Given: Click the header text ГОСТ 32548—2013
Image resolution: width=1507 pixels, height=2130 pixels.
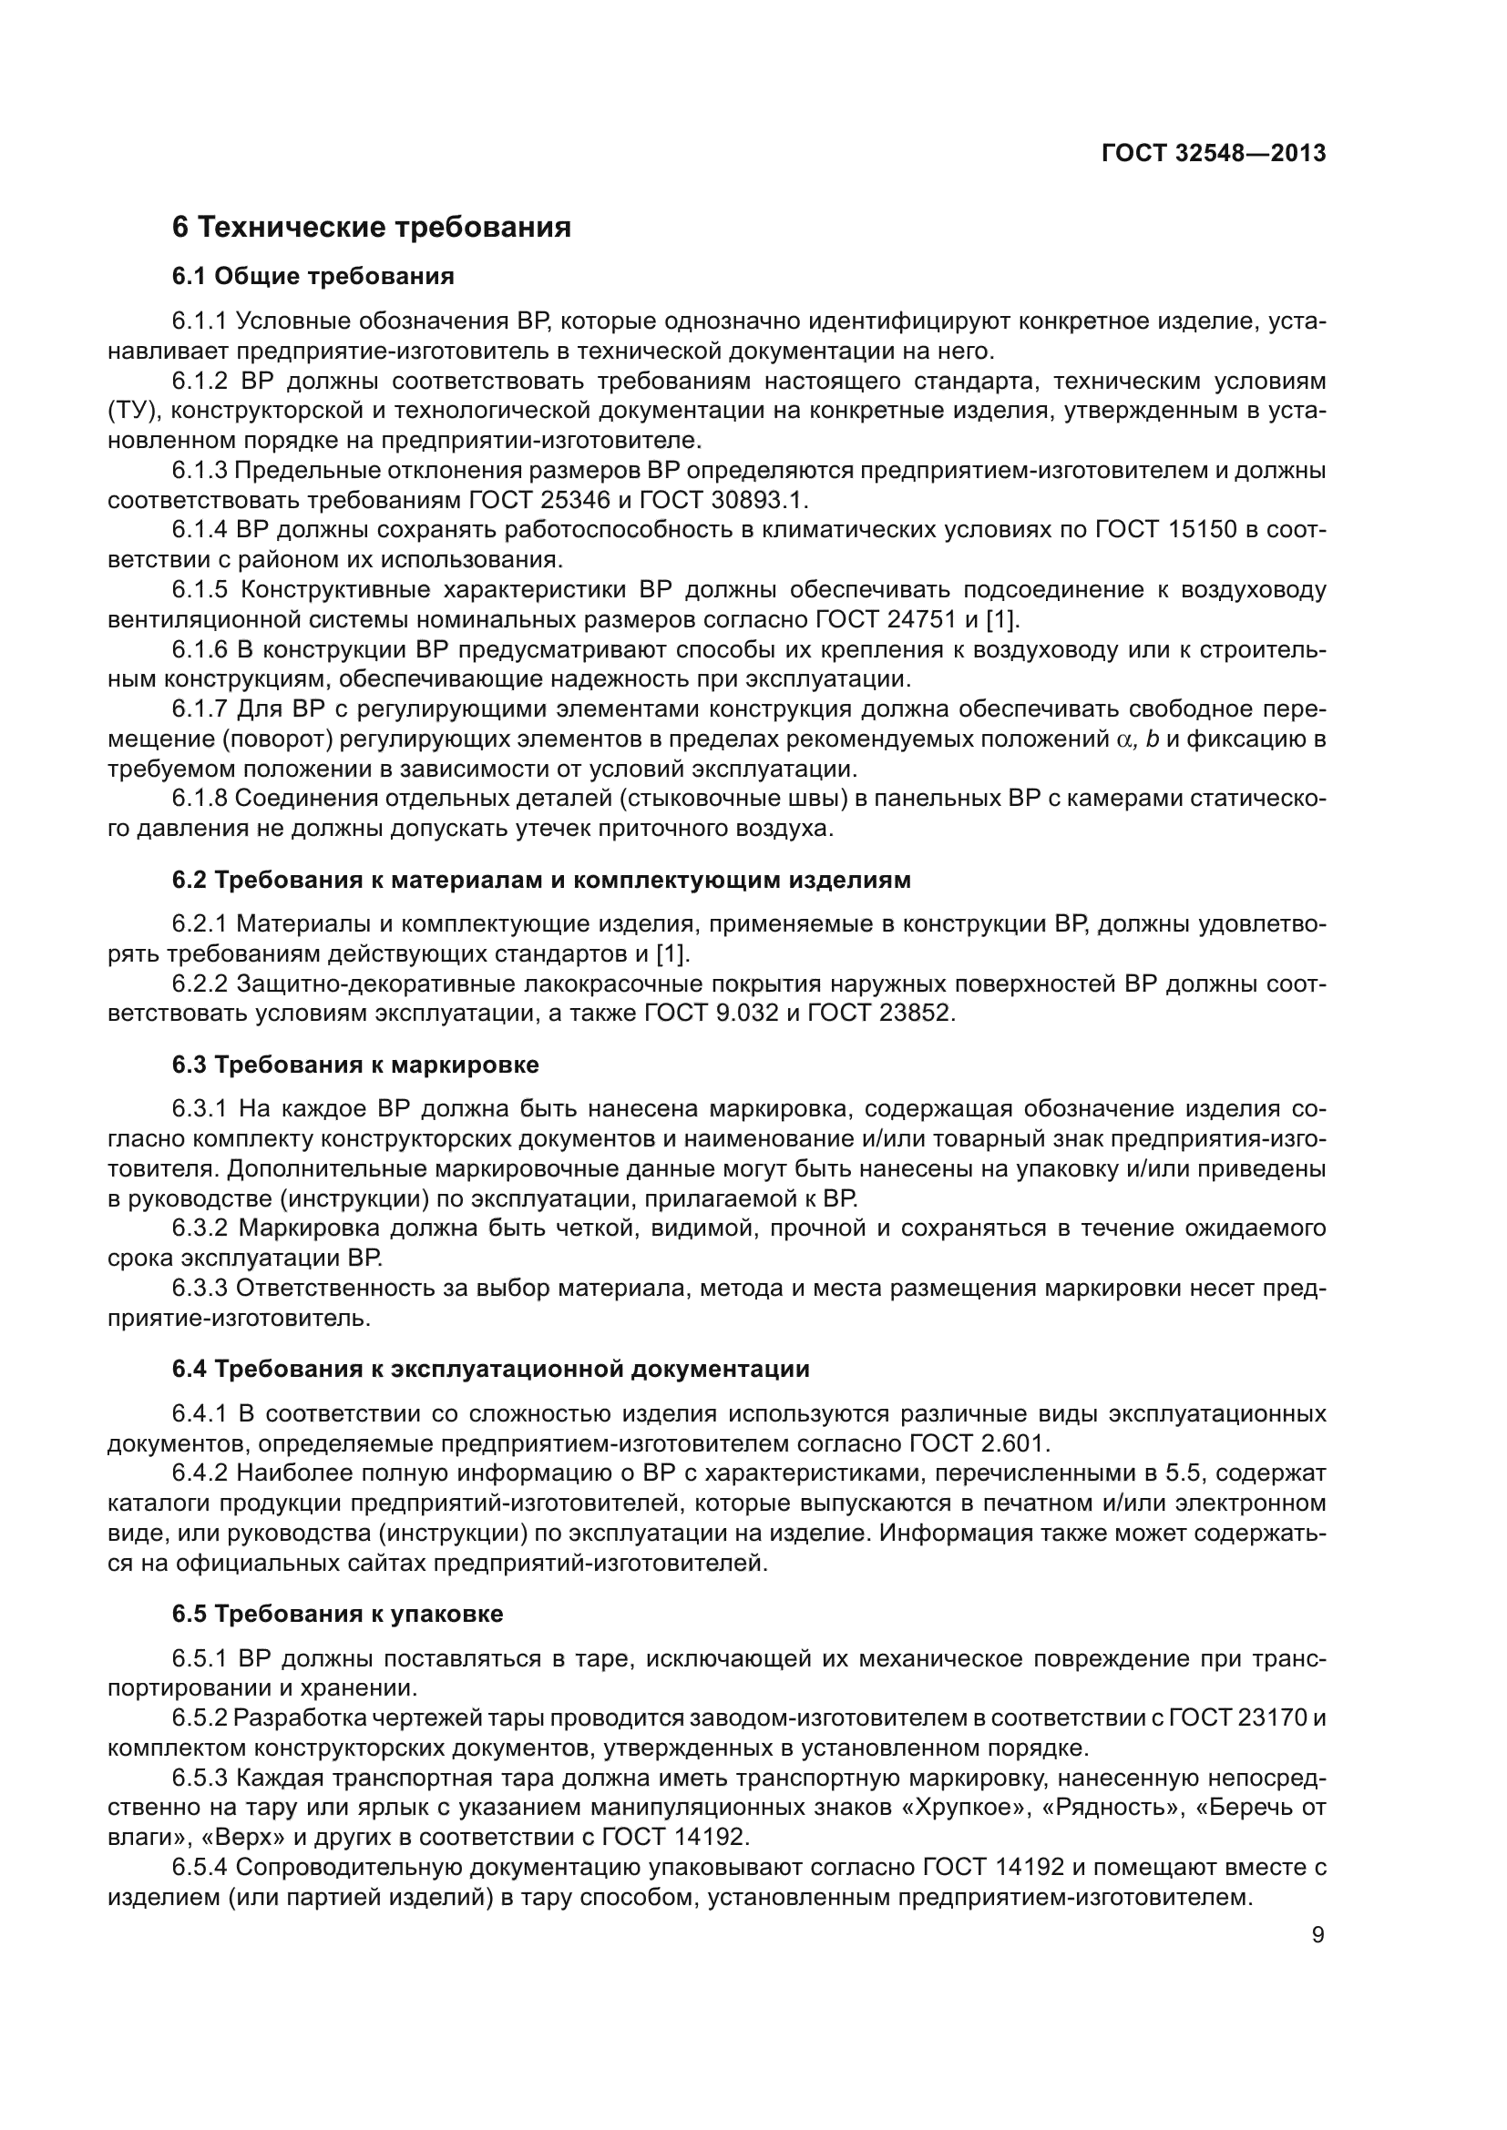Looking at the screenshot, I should [1213, 154].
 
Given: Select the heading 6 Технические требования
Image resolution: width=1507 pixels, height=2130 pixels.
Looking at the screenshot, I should [371, 228].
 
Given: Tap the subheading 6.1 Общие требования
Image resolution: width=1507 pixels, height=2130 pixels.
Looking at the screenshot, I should [313, 276].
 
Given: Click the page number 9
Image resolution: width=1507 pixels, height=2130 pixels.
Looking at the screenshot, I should [1317, 1934].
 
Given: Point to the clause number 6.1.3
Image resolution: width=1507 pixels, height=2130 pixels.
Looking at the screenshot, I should [200, 470].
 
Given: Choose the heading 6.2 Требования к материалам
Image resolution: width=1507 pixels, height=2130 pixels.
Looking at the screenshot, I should [541, 880].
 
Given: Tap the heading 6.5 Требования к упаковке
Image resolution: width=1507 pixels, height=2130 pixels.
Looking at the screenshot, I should [338, 1614].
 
